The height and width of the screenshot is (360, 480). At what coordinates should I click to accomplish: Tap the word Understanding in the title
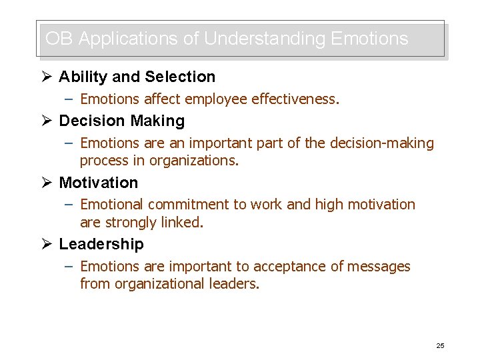click(x=263, y=39)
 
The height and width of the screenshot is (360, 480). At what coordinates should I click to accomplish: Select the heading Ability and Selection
click(x=137, y=77)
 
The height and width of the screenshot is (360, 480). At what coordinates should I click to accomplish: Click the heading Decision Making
click(x=121, y=121)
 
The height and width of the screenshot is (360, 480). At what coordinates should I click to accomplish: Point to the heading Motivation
click(x=98, y=182)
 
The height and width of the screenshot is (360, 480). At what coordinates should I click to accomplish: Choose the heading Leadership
click(x=101, y=244)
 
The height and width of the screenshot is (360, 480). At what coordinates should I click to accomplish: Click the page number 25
click(x=440, y=345)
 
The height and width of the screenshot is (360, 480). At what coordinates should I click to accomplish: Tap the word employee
click(x=214, y=100)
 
